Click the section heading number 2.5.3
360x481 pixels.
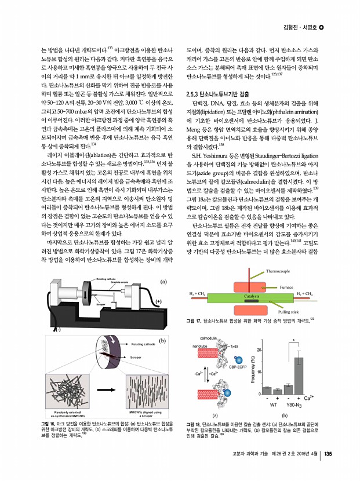[192, 93]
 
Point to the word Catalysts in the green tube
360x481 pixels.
[251, 296]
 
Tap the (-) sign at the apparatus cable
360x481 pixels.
[57, 329]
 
